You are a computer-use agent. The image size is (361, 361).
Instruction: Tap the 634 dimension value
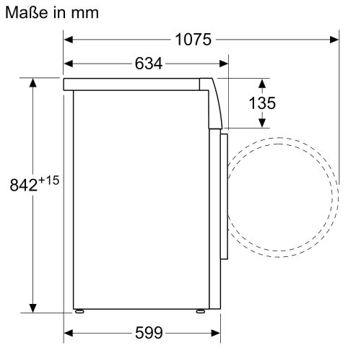click(x=148, y=64)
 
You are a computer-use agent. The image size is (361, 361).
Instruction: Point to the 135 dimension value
click(x=261, y=103)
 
